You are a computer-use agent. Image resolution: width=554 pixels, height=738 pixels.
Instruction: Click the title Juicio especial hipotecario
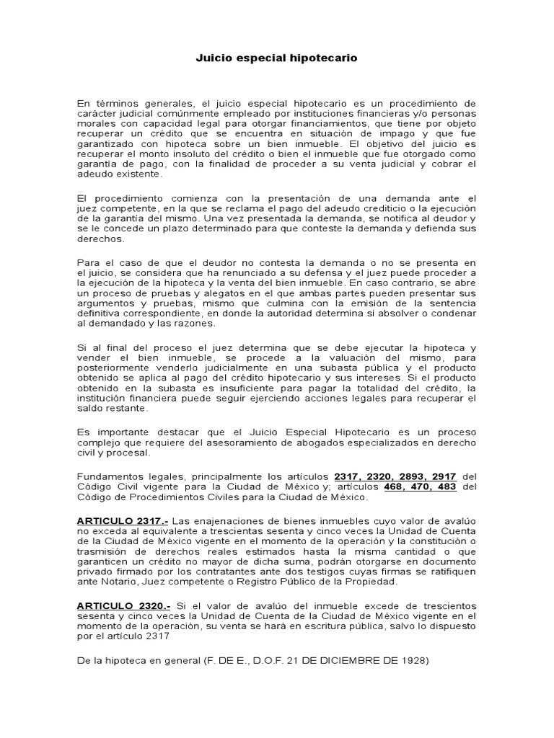pyautogui.click(x=276, y=57)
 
